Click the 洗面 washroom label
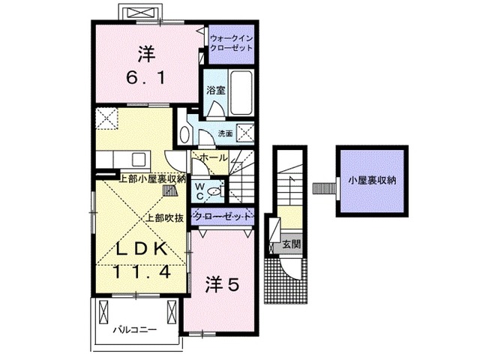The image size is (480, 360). (x=225, y=133)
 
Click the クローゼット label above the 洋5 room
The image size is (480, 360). (x=222, y=217)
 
